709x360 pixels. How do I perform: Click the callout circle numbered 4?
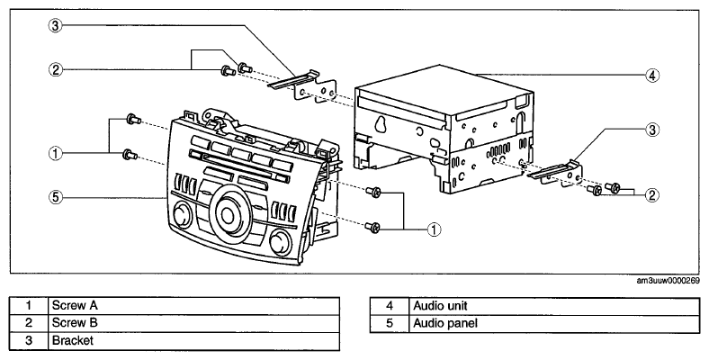tap(652, 75)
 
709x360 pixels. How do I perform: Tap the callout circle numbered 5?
tap(56, 197)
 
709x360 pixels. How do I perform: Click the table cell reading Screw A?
tap(193, 306)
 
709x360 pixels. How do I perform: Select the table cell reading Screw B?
tap(193, 323)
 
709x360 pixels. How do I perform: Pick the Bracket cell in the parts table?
tap(193, 341)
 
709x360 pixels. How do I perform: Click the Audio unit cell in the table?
tap(554, 306)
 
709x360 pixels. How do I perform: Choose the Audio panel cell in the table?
tap(554, 324)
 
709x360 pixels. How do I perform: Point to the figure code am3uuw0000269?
tap(668, 281)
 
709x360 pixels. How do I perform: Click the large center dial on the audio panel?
tap(230, 211)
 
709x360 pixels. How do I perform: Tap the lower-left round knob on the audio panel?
tap(180, 215)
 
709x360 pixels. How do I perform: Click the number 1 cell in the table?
tap(29, 306)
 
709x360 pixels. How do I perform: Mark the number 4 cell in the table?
tap(390, 306)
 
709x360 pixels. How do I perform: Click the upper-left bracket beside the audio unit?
tap(302, 85)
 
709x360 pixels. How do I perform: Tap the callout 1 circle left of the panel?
tap(56, 153)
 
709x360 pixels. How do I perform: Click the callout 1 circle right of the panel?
tap(434, 229)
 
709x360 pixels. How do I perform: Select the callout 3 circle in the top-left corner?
tap(55, 25)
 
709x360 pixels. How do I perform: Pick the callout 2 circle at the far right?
tap(652, 195)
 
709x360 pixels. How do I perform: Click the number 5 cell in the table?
tap(390, 324)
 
